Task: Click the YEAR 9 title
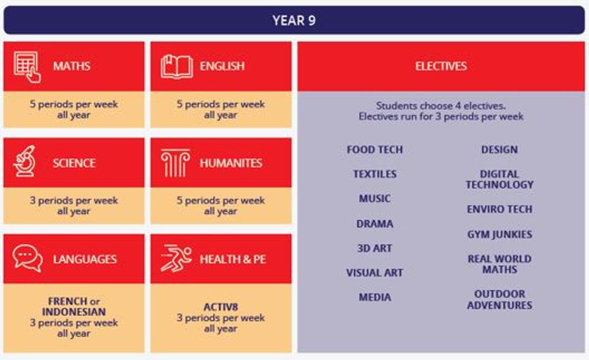[x=294, y=20]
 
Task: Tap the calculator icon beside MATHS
[x=27, y=67]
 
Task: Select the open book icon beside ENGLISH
[x=177, y=67]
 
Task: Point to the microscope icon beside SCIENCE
[x=24, y=161]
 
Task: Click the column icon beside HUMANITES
[x=175, y=163]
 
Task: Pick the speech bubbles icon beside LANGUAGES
[x=27, y=258]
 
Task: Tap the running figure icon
[x=176, y=258]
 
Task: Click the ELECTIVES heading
[x=441, y=66]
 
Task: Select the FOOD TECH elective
[x=375, y=150]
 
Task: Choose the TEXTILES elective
[x=375, y=174]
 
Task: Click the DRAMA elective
[x=375, y=224]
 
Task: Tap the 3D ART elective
[x=375, y=248]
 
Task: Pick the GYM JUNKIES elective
[x=500, y=234]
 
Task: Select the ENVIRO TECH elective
[x=500, y=209]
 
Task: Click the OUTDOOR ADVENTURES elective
[x=500, y=300]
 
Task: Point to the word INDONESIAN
[x=74, y=312]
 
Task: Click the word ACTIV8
[x=220, y=307]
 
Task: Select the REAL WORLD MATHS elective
[x=500, y=264]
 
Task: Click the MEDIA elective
[x=375, y=297]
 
